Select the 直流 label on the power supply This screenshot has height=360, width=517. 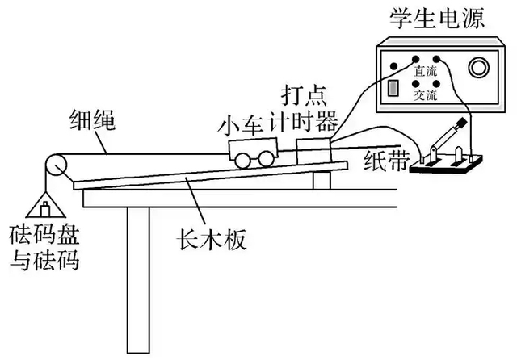(x=426, y=71)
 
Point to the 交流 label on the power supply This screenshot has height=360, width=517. (x=426, y=95)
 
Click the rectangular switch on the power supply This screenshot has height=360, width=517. (x=394, y=87)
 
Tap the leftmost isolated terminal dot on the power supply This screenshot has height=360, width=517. (x=393, y=66)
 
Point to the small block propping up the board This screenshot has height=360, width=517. (x=322, y=178)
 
